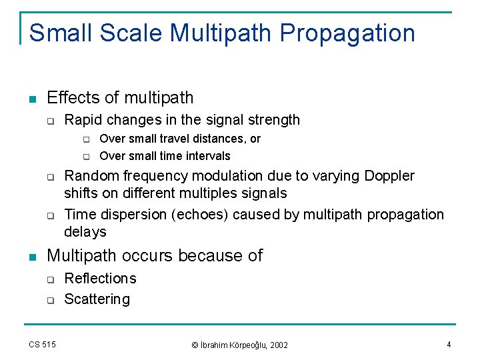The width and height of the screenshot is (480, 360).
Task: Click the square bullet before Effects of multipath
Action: (32, 99)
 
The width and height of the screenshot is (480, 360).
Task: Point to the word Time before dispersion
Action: (80, 215)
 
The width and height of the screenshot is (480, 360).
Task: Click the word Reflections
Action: (100, 279)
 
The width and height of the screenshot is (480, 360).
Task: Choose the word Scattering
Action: (97, 299)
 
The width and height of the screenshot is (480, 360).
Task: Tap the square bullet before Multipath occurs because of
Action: (32, 257)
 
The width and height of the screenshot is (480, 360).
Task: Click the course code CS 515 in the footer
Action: (42, 344)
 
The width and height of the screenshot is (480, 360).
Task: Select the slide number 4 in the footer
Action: (449, 344)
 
